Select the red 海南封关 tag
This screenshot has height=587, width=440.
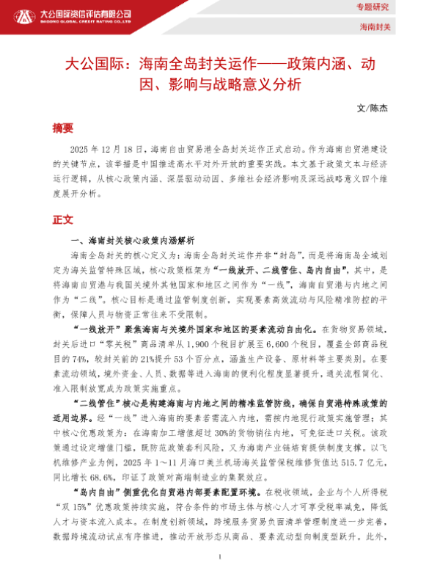[376, 27]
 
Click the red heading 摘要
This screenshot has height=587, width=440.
[63, 128]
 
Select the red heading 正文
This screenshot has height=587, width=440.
[63, 219]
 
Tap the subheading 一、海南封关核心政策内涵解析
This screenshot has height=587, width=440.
[130, 241]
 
